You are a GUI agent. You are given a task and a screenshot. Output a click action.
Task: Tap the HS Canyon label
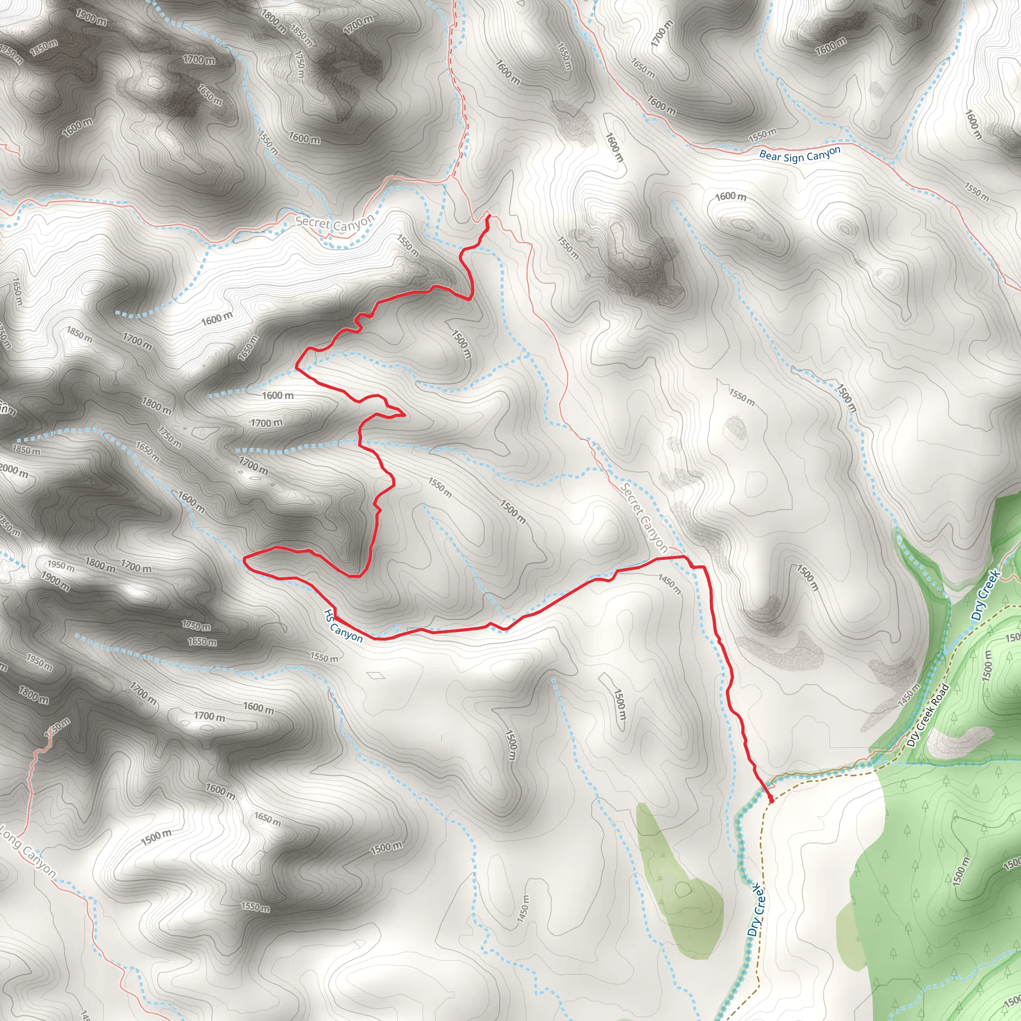(343, 626)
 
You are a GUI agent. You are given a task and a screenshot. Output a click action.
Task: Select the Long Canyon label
(27, 852)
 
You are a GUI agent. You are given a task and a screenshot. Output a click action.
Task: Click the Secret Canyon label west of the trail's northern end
(335, 222)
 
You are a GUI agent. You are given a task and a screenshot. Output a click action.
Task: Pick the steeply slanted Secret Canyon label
(644, 517)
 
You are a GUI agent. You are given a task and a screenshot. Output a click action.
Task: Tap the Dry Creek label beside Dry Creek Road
(986, 595)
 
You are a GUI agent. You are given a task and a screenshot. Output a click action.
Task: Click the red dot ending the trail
(771, 801)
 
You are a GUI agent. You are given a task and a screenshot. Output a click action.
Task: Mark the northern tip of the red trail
(489, 215)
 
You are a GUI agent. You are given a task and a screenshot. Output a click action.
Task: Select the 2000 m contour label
(14, 470)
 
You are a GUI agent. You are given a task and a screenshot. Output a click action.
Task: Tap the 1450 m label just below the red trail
(669, 583)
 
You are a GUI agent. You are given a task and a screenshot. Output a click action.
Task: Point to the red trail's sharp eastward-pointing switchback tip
(405, 415)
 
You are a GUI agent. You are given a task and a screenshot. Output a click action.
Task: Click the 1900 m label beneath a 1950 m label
(55, 581)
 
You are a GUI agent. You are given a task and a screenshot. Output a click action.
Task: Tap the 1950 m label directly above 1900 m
(61, 566)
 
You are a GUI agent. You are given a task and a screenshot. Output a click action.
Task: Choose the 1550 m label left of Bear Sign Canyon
(763, 136)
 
